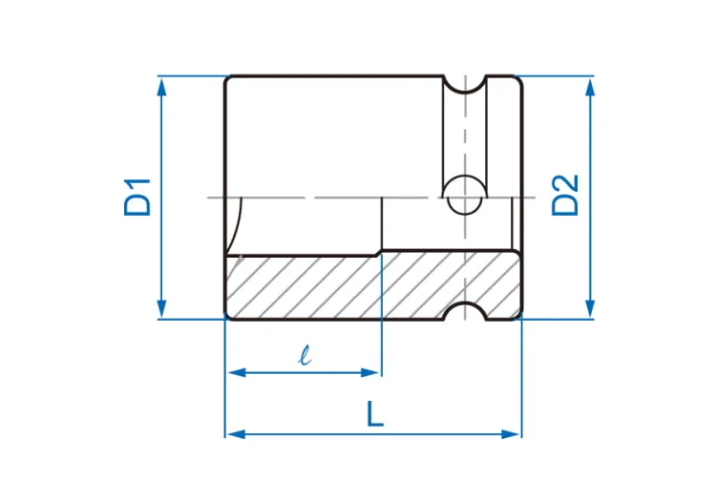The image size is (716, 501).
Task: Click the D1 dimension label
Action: click(x=137, y=198)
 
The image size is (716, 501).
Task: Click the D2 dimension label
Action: click(x=565, y=195)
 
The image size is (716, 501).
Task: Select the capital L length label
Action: click(x=375, y=414)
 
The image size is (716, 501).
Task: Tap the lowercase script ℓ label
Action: click(x=305, y=355)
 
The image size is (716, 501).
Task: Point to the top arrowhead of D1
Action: click(x=161, y=87)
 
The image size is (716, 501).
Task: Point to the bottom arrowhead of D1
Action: click(x=161, y=308)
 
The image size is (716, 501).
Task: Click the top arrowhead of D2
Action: click(x=590, y=87)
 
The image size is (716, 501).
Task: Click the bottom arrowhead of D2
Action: click(x=590, y=308)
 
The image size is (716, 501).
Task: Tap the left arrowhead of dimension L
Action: click(x=236, y=434)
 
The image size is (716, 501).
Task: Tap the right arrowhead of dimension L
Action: click(x=511, y=434)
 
